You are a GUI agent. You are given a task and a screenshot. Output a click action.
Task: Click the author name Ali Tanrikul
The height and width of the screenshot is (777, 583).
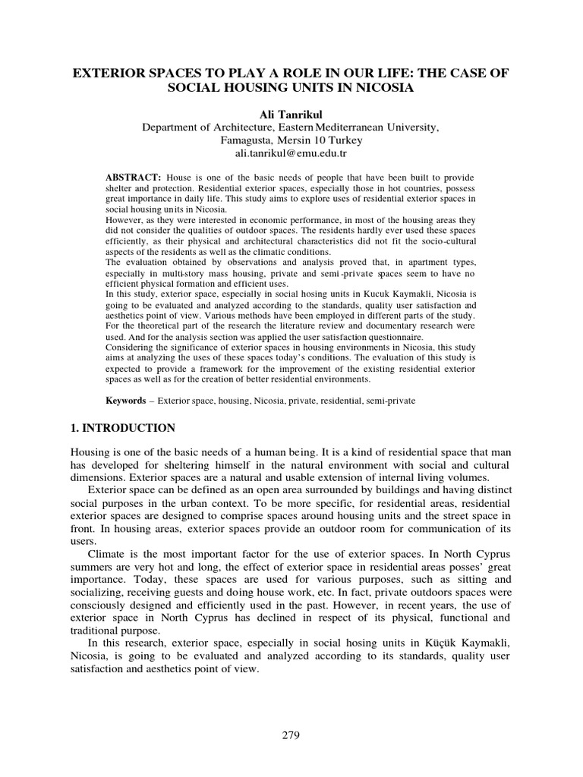(291, 114)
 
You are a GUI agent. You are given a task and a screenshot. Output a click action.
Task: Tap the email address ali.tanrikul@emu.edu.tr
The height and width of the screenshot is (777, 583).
(291, 154)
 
